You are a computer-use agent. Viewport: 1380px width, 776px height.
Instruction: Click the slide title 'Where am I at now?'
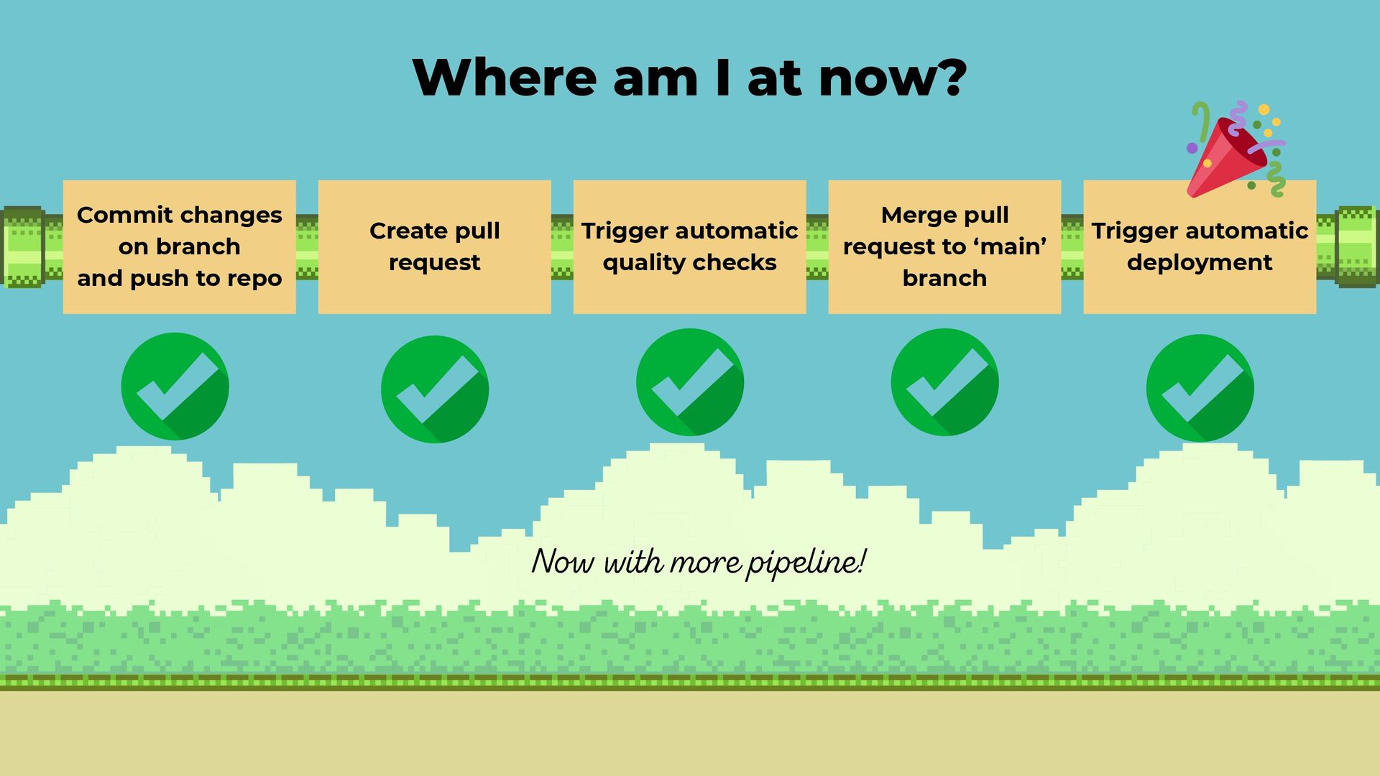pyautogui.click(x=689, y=77)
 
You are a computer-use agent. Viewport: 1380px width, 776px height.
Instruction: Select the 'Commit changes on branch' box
pyautogui.click(x=179, y=246)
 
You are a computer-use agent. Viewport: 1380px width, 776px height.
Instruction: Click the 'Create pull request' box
pyautogui.click(x=434, y=246)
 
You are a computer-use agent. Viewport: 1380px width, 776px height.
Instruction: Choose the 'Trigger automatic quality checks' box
pyautogui.click(x=689, y=246)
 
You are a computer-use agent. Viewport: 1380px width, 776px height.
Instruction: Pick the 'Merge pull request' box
pyautogui.click(x=944, y=246)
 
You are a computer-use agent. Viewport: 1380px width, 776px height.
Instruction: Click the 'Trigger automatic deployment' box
pyautogui.click(x=1200, y=246)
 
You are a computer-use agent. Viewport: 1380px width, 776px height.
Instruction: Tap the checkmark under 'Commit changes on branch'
pyautogui.click(x=175, y=387)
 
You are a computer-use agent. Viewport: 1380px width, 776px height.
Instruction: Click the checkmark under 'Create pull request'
pyautogui.click(x=435, y=389)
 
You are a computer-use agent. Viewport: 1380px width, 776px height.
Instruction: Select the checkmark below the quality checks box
pyautogui.click(x=690, y=382)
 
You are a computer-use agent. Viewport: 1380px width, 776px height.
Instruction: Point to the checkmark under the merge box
pyautogui.click(x=944, y=382)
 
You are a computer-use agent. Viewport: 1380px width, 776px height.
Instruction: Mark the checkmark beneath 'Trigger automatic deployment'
pyautogui.click(x=1200, y=388)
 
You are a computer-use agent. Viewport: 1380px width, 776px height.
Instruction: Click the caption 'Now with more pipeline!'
pyautogui.click(x=698, y=562)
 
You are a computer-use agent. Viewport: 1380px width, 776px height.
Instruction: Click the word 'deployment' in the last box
pyautogui.click(x=1200, y=263)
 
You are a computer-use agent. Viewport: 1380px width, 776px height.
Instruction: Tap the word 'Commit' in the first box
pyautogui.click(x=114, y=215)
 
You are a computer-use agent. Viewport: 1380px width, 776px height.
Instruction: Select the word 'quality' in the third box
pyautogui.click(x=640, y=263)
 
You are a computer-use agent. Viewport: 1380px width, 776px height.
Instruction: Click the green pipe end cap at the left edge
pyautogui.click(x=23, y=246)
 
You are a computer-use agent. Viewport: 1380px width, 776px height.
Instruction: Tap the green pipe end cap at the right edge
pyautogui.click(x=1356, y=246)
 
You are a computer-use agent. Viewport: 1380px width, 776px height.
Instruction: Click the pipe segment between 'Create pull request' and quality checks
pyautogui.click(x=562, y=246)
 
